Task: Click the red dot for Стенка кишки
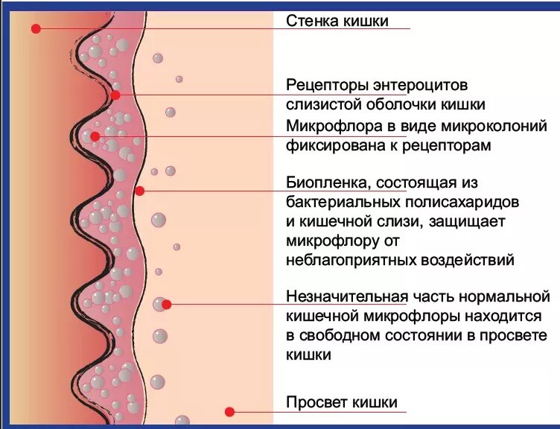click(34, 28)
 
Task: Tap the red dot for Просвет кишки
click(229, 411)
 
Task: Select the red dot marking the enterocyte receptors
click(115, 95)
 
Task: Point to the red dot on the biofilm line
click(139, 190)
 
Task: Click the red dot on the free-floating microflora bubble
click(167, 304)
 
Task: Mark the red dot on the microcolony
click(95, 136)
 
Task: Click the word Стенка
click(311, 20)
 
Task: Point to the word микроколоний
click(495, 125)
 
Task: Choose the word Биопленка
click(328, 182)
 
